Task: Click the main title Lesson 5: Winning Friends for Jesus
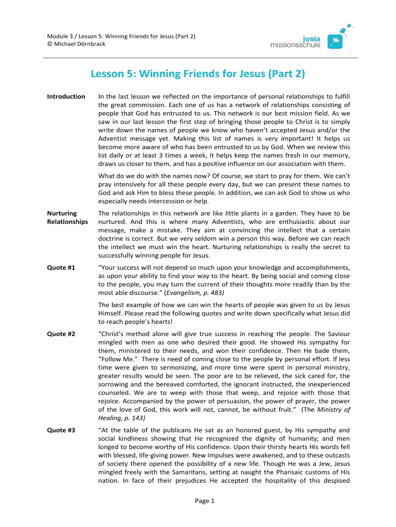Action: pyautogui.click(x=197, y=74)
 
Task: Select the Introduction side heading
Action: pyautogui.click(x=66, y=96)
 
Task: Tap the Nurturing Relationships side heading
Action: pyautogui.click(x=67, y=217)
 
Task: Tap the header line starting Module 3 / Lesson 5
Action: pyautogui.click(x=121, y=36)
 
